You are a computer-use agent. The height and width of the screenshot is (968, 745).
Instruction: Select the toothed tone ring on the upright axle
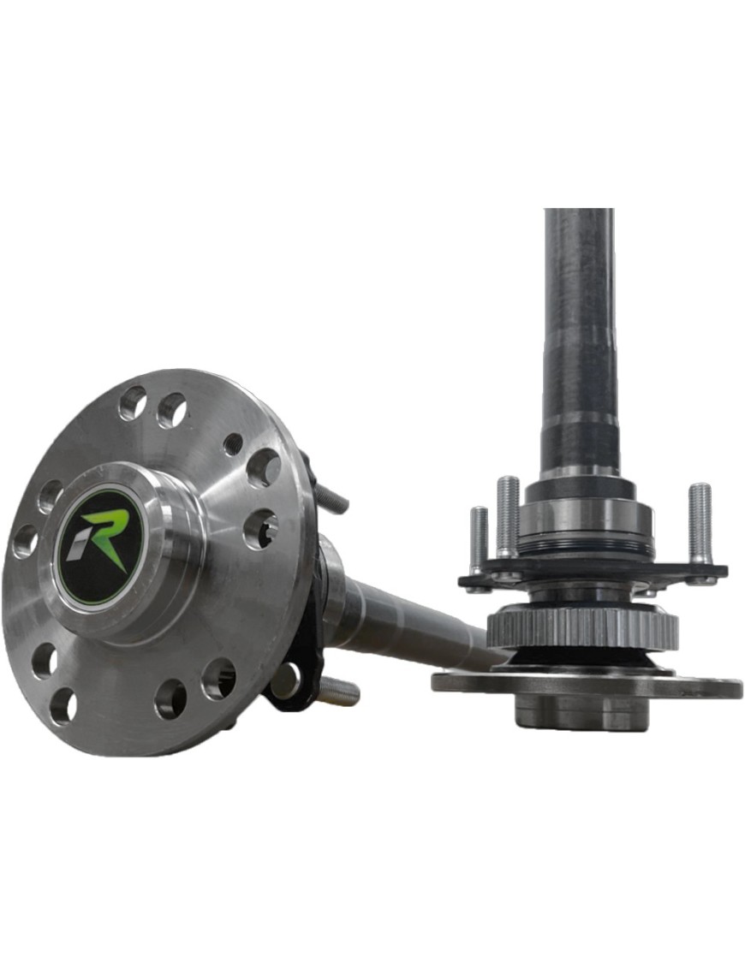pos(582,630)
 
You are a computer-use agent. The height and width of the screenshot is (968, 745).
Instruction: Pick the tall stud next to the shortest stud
pos(507,514)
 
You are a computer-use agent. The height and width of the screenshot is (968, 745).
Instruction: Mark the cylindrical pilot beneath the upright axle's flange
pos(582,714)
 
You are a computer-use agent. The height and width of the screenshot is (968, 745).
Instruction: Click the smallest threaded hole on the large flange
pos(233,444)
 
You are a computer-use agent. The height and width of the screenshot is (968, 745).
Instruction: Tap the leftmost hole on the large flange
pos(25,541)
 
